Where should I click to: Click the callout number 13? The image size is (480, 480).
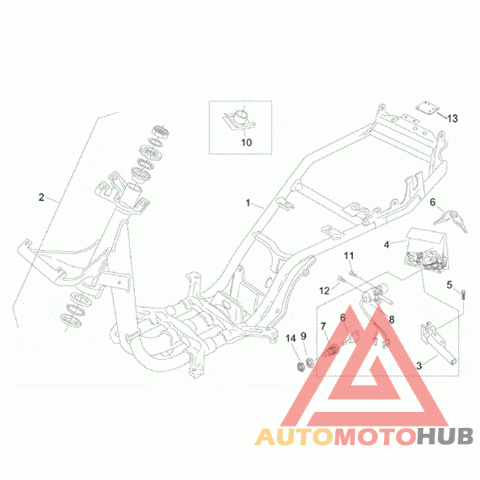452,119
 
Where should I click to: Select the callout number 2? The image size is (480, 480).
41,197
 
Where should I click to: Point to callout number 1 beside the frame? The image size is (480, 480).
249,203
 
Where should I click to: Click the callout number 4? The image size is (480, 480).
387,244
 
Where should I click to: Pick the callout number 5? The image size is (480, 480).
450,285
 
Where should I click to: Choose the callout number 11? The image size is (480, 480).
348,256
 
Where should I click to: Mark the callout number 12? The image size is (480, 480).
325,291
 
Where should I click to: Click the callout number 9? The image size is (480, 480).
304,337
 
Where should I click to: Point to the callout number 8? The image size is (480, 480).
392,319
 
